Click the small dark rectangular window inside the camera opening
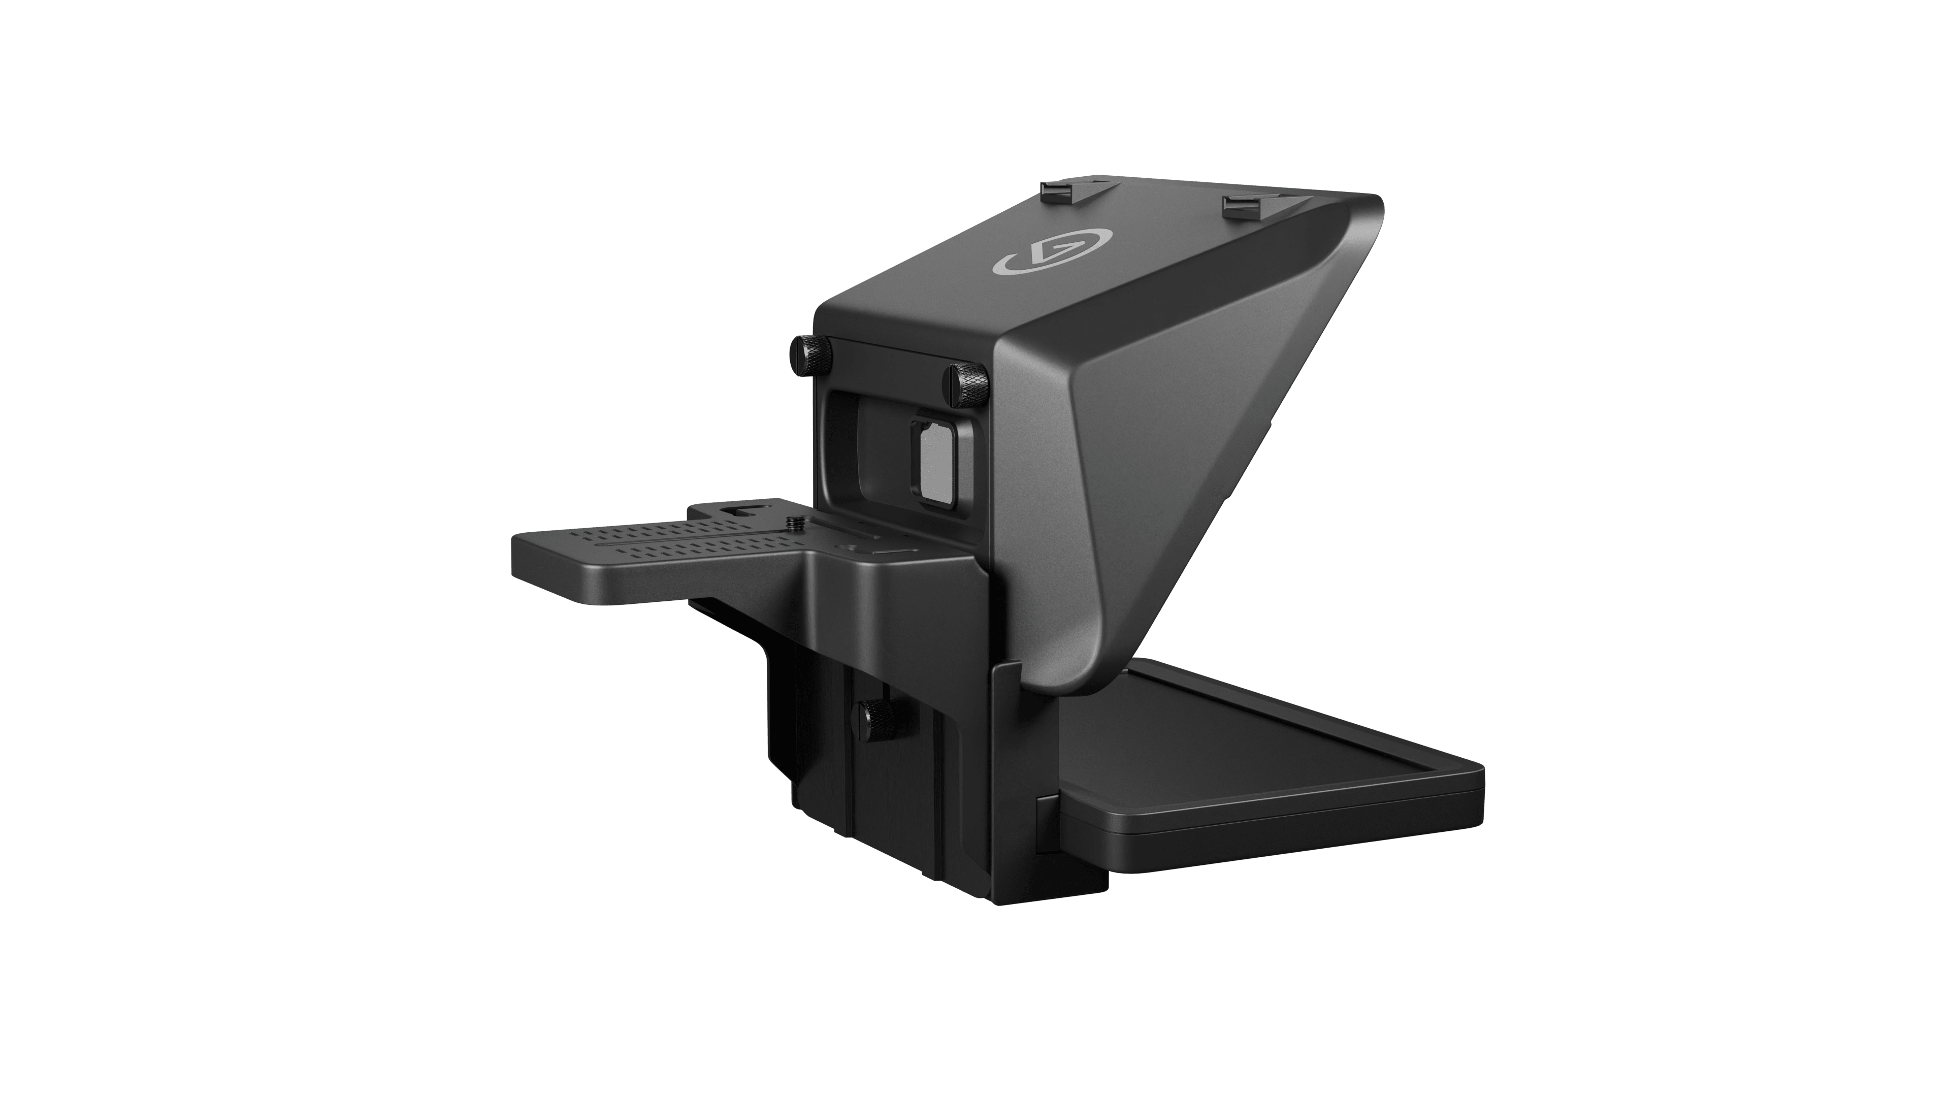click(x=931, y=459)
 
